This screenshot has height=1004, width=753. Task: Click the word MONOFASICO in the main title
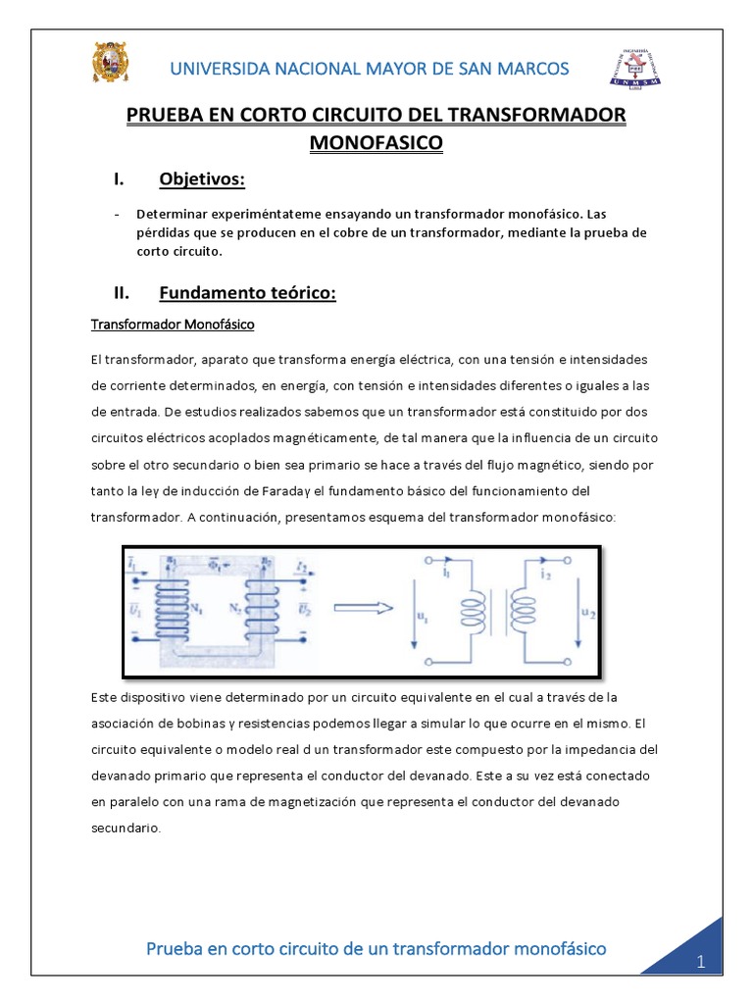click(376, 143)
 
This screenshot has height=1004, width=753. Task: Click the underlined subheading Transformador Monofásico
click(173, 325)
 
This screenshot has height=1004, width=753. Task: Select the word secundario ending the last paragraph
click(125, 827)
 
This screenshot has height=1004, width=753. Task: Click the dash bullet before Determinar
click(118, 214)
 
